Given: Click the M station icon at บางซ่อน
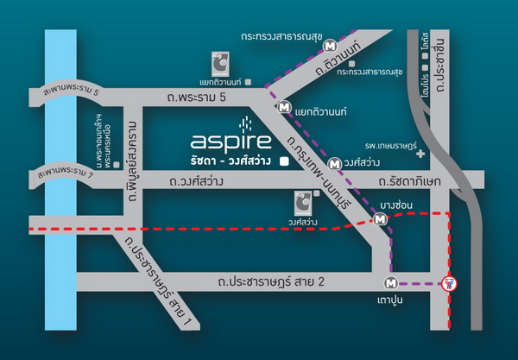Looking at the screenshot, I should [x=381, y=220].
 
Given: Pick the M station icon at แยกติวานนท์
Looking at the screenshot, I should [x=284, y=108].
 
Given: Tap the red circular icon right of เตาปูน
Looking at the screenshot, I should [x=448, y=283].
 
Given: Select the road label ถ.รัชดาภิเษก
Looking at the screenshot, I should [x=410, y=182].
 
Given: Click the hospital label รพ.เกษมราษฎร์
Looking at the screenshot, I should [x=395, y=148].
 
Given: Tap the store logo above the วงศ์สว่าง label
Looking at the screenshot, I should [x=301, y=205].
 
